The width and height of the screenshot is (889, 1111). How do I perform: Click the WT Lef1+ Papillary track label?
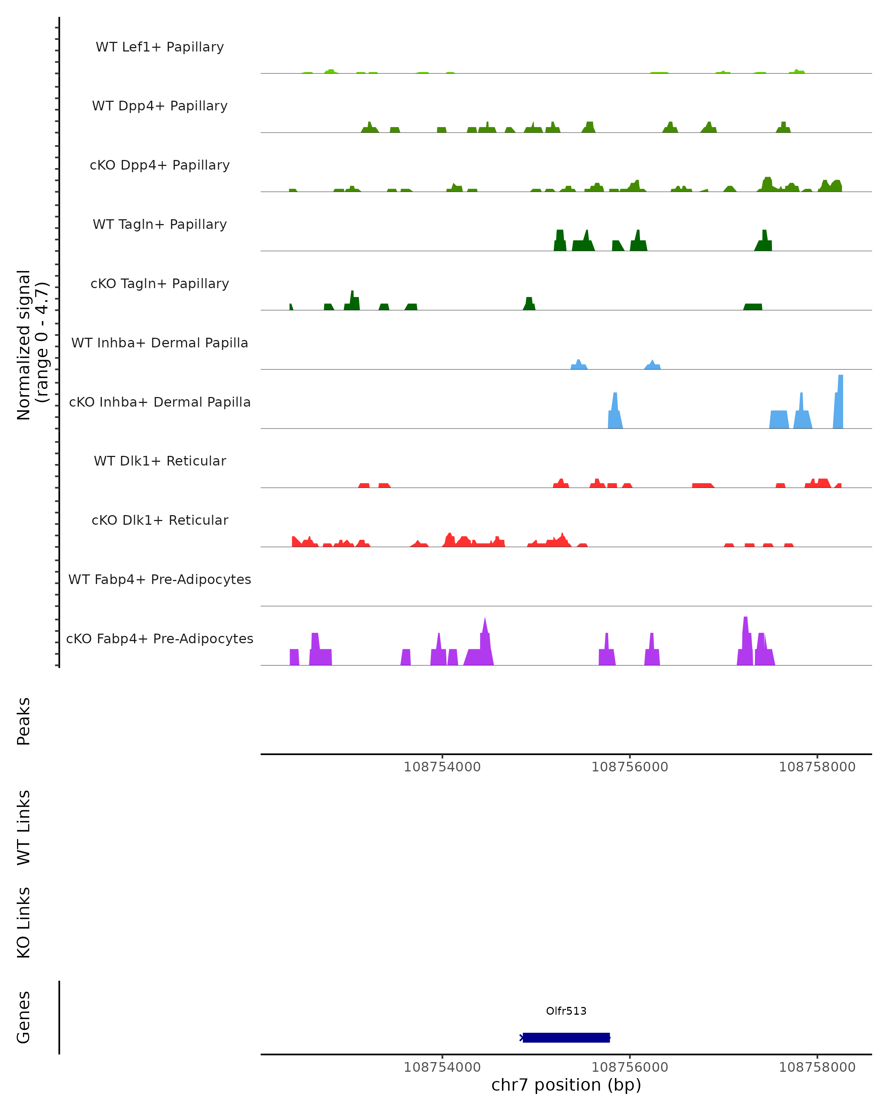160,47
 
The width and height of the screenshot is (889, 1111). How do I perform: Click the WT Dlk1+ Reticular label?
160,461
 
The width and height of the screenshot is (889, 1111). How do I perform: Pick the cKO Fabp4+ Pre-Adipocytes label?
160,638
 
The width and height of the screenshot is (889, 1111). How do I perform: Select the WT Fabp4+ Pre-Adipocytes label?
160,579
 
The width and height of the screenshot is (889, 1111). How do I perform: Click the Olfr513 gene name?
566,1011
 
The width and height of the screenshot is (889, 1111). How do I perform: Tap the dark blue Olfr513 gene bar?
566,1037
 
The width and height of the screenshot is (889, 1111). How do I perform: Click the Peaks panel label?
24,721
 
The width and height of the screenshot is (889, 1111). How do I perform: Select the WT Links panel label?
24,827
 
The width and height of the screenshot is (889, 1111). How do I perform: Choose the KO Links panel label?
24,923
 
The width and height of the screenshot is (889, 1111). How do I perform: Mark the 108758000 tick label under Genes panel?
817,1067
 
